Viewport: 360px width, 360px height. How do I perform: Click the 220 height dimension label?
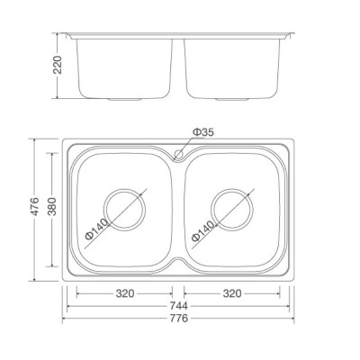coord(58,64)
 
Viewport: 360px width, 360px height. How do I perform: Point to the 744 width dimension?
coord(176,306)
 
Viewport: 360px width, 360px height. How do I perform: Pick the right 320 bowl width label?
coord(231,292)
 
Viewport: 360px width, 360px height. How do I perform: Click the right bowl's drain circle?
coord(230,208)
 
